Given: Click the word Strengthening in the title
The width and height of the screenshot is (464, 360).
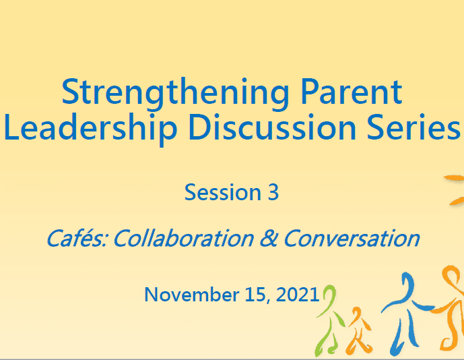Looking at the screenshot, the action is (x=175, y=93).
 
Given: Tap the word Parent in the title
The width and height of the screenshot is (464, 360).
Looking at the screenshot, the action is (x=352, y=92).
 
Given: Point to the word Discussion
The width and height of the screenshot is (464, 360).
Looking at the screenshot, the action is (x=272, y=127).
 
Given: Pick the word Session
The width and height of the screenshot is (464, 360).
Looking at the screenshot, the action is (x=222, y=192).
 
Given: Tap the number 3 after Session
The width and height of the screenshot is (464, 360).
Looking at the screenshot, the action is (x=273, y=192).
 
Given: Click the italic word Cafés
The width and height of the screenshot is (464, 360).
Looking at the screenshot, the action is (x=77, y=238).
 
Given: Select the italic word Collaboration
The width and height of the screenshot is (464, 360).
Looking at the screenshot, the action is (x=184, y=238).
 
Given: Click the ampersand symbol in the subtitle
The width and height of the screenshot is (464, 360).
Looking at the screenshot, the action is (x=269, y=238).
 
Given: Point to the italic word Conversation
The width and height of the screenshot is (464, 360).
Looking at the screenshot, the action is (x=352, y=238).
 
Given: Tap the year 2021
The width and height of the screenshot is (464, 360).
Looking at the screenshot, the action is (x=298, y=295).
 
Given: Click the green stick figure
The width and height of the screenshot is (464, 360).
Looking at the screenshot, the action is (x=329, y=320).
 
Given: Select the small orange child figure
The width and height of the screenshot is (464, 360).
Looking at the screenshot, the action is (x=359, y=329).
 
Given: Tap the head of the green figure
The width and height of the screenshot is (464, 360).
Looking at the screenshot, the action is (x=330, y=293).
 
